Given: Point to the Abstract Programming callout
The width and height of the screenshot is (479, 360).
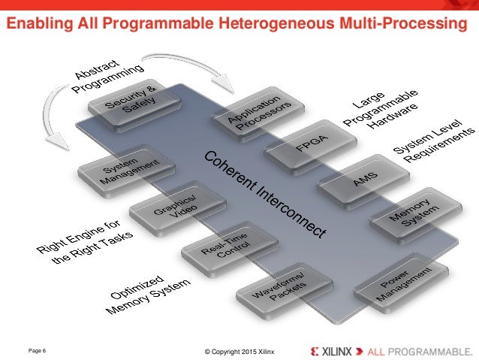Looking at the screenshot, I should pyautogui.click(x=108, y=78).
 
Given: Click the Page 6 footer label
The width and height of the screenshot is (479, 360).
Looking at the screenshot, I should pyautogui.click(x=38, y=350).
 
